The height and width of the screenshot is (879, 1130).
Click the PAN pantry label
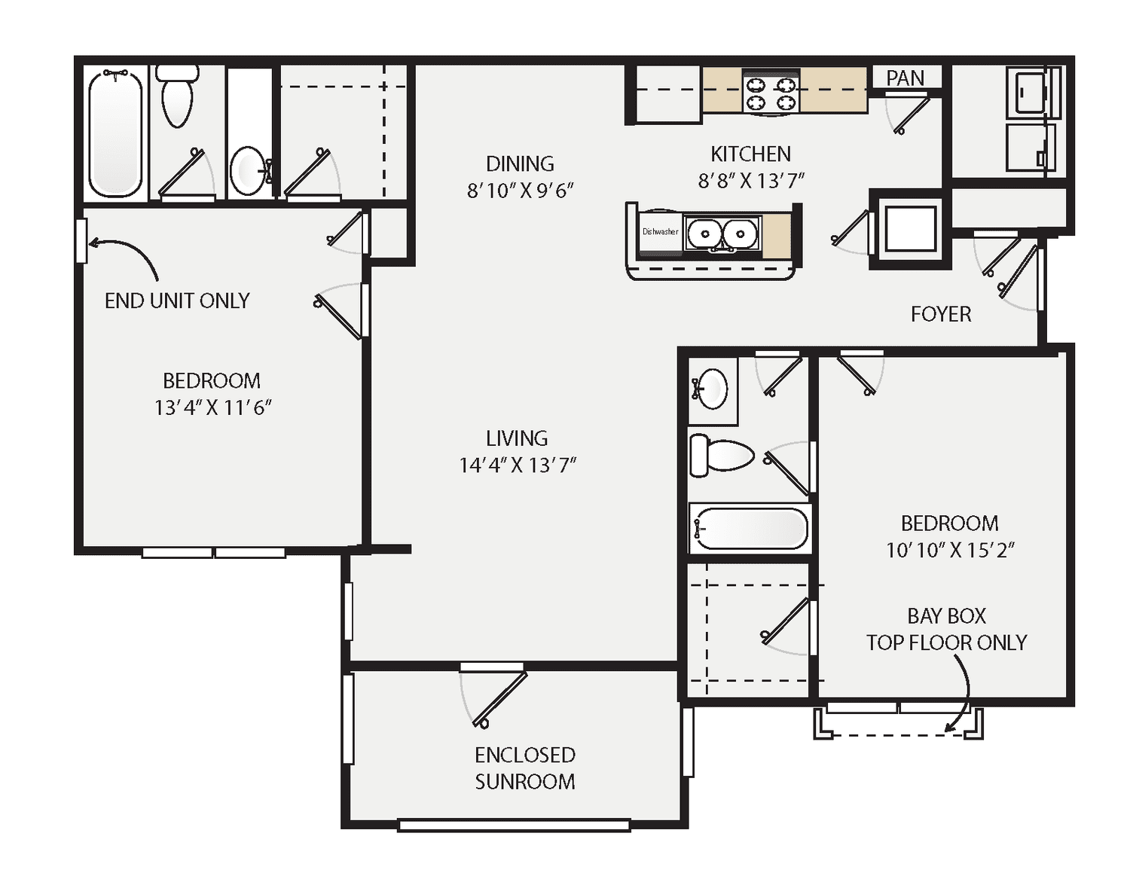pos(905,78)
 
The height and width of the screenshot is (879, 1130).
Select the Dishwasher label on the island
pos(660,232)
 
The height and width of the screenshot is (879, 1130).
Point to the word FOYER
pos(940,314)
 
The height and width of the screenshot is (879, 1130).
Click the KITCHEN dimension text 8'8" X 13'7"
pos(750,181)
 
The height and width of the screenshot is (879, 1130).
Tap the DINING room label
pos(520,164)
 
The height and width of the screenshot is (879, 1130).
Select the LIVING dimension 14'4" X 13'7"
pos(518,465)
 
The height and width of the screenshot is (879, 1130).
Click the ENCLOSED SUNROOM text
pos(524,768)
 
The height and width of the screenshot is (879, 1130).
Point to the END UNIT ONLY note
pos(177,301)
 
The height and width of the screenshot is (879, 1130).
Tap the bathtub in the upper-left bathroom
pos(115,133)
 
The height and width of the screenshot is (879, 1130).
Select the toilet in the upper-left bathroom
pos(178,98)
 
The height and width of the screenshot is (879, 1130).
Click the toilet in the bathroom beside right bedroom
pos(722,456)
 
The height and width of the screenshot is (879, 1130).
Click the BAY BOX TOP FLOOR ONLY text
pos(946,629)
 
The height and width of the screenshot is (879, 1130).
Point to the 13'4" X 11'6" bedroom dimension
pos(212,407)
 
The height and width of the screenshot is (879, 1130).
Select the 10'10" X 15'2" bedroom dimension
pos(949,550)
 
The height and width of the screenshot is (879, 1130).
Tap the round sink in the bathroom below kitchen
pos(712,389)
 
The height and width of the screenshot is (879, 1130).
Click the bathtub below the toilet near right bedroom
pos(750,528)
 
